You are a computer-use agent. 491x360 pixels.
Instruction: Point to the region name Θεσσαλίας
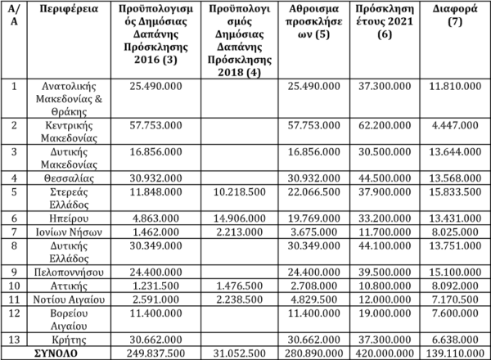click(x=58, y=178)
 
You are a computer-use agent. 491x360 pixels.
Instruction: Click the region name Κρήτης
click(x=58, y=338)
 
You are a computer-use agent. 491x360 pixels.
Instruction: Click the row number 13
click(x=13, y=338)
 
